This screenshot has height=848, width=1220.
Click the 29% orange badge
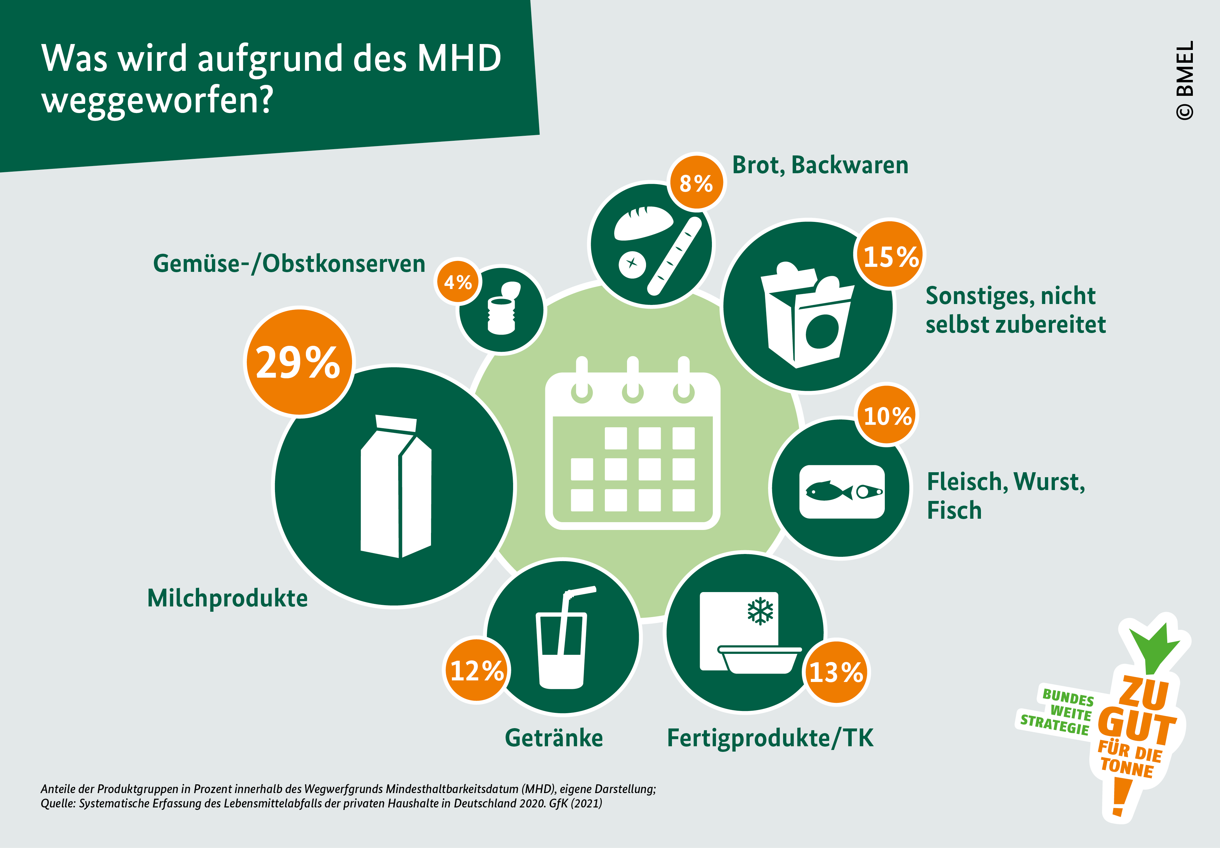point(299,362)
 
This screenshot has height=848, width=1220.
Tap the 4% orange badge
point(458,282)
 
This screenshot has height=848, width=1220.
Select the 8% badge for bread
point(696,183)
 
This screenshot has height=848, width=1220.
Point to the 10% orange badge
point(887,415)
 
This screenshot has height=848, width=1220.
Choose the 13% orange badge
point(836,672)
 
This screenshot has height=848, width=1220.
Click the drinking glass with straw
point(563,640)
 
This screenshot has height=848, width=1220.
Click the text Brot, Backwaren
point(820,165)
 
